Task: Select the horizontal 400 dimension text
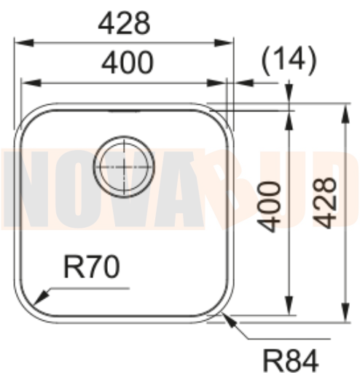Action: (127, 63)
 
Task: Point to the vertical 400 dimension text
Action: (272, 206)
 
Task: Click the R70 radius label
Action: (91, 269)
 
